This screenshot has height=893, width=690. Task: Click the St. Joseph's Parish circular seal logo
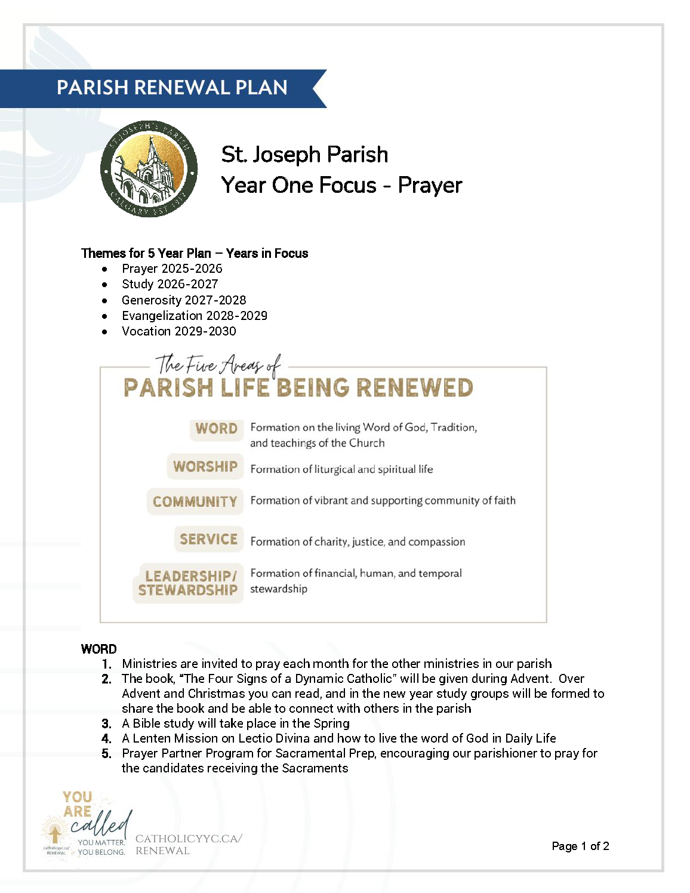(149, 169)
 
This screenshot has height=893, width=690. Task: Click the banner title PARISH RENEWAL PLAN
(172, 88)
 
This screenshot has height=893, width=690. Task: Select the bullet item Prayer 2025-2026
(172, 269)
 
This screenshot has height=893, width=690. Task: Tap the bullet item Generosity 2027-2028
(184, 300)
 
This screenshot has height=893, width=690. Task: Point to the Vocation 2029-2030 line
(178, 331)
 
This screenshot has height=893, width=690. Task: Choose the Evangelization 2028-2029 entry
(195, 316)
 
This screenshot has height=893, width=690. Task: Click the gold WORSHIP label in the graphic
(205, 467)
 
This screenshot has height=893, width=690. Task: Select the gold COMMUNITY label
(195, 501)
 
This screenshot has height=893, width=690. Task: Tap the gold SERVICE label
(208, 539)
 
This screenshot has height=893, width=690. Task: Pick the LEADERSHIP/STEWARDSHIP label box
(188, 583)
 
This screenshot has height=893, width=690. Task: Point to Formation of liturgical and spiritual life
(341, 469)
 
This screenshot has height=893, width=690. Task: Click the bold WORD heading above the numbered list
(99, 649)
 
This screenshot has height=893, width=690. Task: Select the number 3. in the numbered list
(107, 723)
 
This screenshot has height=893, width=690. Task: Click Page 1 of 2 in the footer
(580, 846)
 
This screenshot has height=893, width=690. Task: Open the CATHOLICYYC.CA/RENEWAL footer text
(188, 845)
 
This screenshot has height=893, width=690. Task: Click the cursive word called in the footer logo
(101, 825)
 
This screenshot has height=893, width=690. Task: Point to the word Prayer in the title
(430, 185)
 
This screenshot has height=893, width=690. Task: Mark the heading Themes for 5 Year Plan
(146, 253)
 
